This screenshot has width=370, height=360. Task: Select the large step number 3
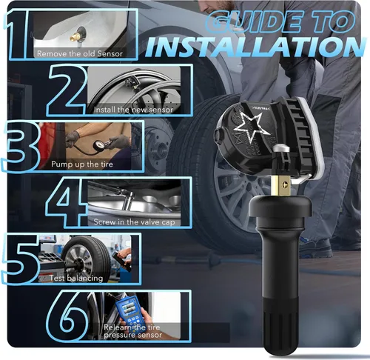21,146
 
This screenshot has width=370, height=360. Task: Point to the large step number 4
65,202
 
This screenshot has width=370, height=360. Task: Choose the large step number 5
21,259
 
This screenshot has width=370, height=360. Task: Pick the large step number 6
67,316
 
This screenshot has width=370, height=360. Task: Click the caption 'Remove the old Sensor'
80,53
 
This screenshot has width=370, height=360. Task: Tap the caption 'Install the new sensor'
133,110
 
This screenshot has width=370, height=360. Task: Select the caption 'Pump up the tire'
82,164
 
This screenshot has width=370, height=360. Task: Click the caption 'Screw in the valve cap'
134,222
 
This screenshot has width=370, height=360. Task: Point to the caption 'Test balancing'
76,279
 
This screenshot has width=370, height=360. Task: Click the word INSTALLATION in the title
255,47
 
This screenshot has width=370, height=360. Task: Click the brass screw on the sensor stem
286,184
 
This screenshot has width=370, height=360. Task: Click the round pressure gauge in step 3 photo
98,145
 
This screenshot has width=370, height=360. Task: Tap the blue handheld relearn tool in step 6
131,312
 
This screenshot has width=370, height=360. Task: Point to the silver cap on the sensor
281,149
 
